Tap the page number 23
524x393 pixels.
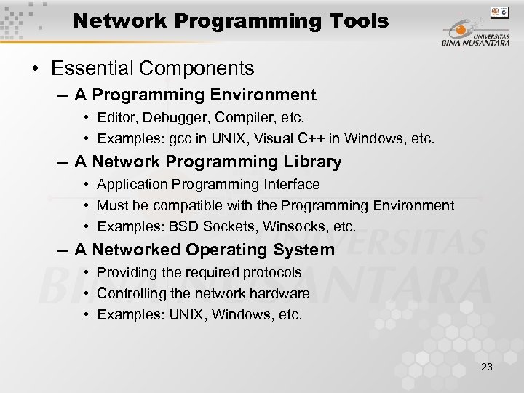487,367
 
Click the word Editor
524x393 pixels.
115,116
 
